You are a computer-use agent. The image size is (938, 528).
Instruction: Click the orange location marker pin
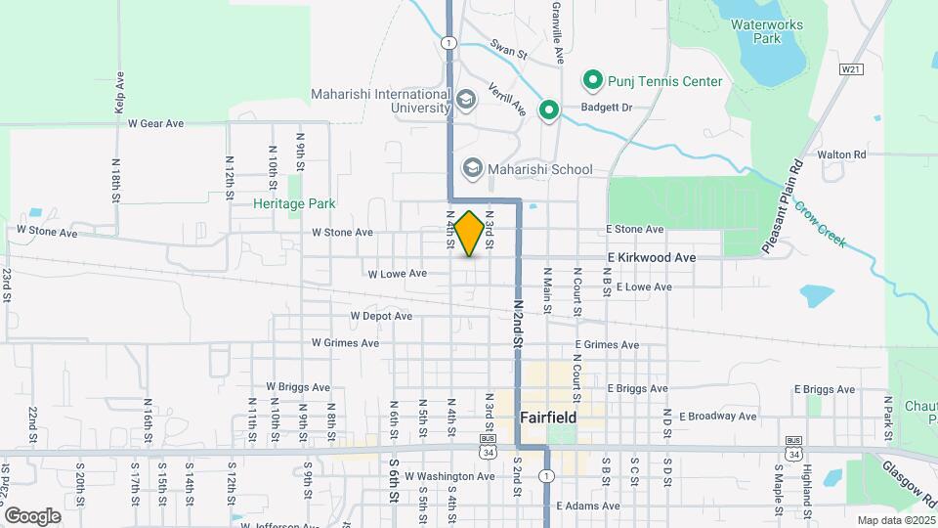tap(469, 234)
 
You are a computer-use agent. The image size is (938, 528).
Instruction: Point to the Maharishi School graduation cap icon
tap(473, 168)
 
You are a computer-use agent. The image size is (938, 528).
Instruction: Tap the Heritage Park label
tap(294, 203)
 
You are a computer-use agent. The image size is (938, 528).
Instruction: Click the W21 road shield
tap(851, 69)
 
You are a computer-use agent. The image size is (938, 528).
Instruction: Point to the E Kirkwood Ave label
tap(651, 257)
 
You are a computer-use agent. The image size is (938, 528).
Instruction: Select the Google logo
tap(32, 515)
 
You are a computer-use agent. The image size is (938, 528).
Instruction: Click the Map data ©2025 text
tap(894, 520)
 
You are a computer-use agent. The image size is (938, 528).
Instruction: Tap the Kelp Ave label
tap(119, 93)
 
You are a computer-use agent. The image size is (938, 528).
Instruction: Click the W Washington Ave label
tap(448, 476)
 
